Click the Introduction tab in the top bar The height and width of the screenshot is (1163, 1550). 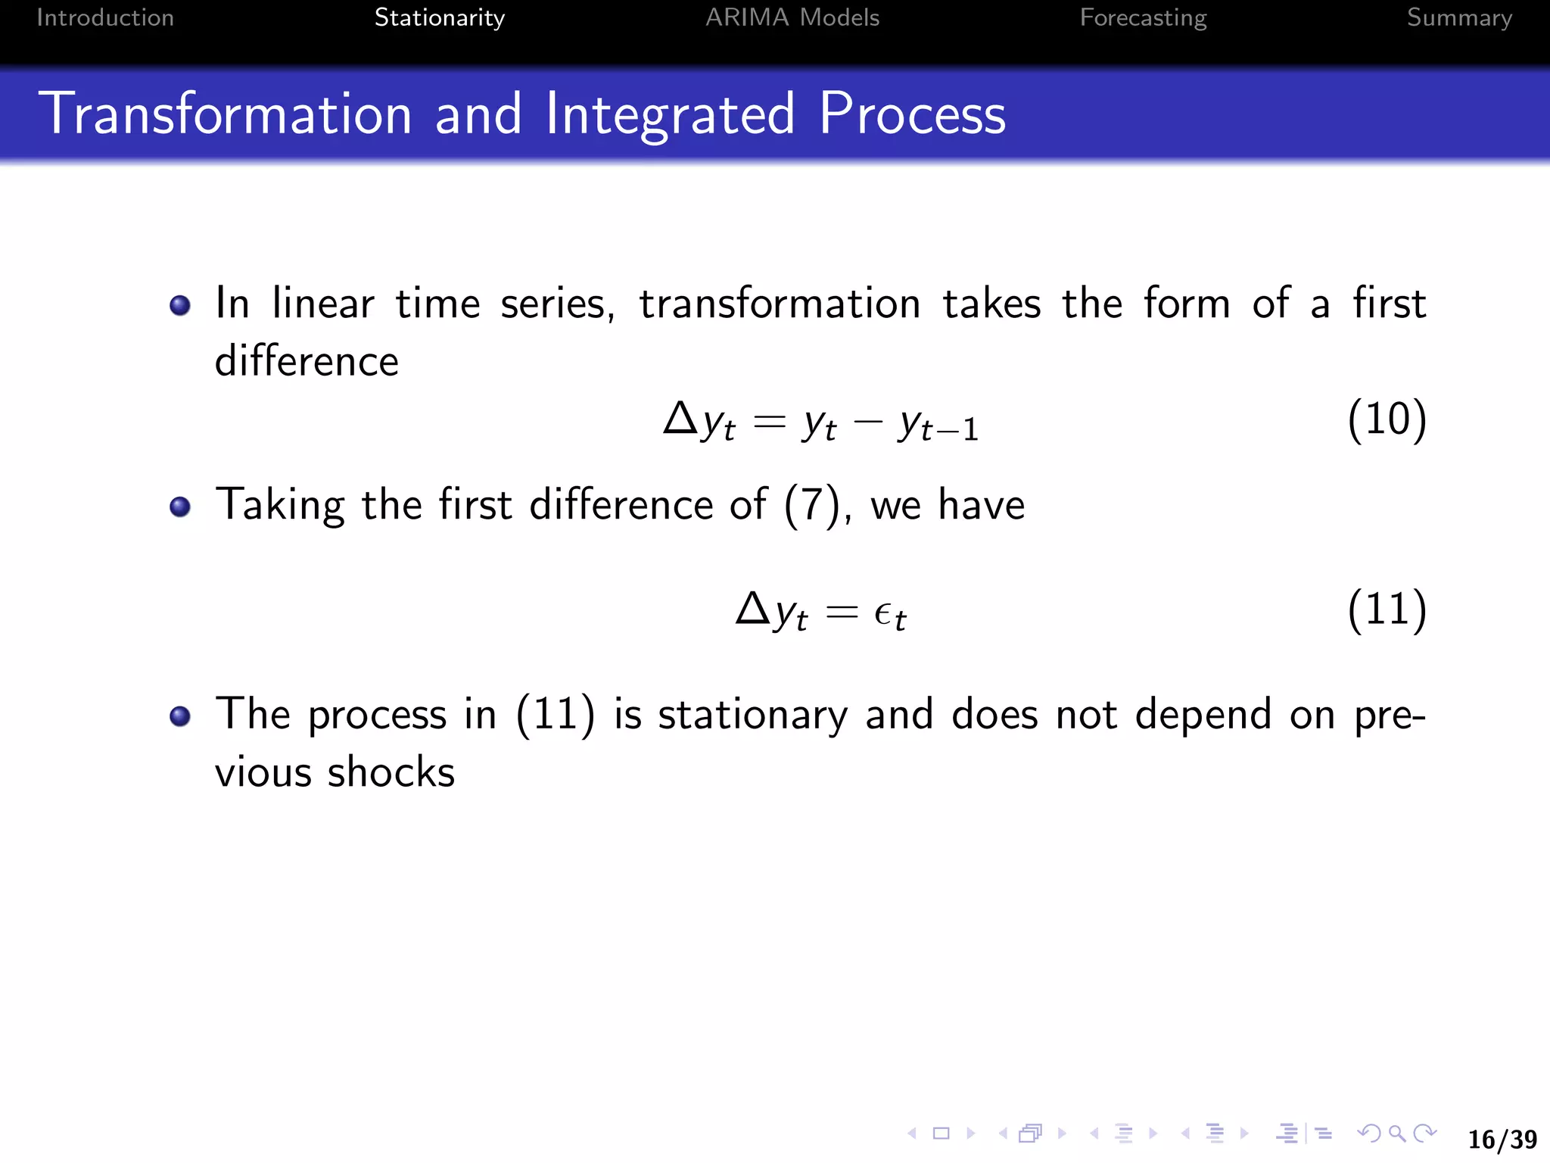coord(105,17)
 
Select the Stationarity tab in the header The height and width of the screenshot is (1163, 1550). coord(439,17)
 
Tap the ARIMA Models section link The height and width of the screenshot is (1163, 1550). coord(792,17)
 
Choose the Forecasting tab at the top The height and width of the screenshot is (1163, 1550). coord(1143,17)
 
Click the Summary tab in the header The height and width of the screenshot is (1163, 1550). coord(1458,17)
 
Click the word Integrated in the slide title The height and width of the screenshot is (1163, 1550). coord(670,114)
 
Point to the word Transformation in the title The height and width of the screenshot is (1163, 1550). coord(226,114)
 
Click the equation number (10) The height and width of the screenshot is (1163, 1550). coord(1387,419)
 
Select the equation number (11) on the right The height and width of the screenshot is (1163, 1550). coord(1387,609)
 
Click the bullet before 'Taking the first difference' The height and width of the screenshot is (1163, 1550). coord(180,507)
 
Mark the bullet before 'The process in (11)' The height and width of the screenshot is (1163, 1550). coord(180,716)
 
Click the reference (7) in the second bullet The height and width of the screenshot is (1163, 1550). coord(812,505)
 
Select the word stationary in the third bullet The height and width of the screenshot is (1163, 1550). coord(752,716)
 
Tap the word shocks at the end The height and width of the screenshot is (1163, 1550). coord(391,773)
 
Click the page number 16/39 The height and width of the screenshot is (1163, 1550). coord(1502,1139)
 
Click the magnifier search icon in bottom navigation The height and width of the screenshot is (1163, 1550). coord(1397,1133)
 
